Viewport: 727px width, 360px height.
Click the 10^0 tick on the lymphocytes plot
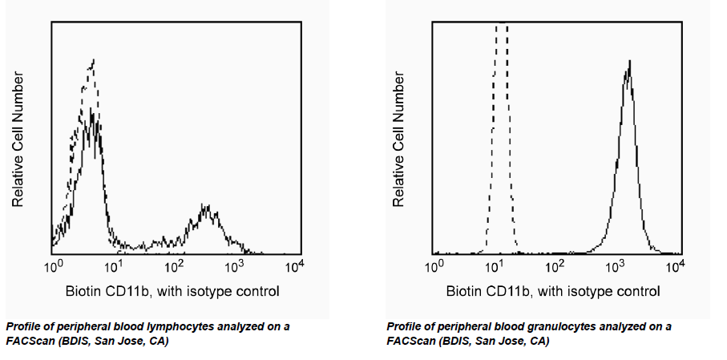[x=53, y=265]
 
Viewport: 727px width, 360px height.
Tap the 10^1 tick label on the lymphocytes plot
[x=113, y=265]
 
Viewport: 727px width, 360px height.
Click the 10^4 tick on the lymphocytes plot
[x=294, y=265]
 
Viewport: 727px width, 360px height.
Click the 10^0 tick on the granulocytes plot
[x=434, y=265]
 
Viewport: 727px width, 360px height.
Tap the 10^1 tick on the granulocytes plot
[x=494, y=265]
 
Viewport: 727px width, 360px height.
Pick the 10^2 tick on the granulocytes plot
[x=555, y=265]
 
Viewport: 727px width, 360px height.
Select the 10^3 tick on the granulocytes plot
[x=615, y=265]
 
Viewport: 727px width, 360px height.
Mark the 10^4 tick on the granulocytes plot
[x=675, y=265]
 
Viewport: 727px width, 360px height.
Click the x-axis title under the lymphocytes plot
[x=172, y=291]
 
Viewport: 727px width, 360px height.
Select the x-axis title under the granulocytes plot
[x=553, y=291]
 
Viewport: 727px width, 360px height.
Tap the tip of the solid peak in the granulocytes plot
[x=630, y=60]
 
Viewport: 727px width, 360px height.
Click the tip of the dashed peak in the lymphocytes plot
[x=95, y=59]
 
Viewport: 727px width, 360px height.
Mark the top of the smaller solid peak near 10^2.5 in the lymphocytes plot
[x=206, y=205]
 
